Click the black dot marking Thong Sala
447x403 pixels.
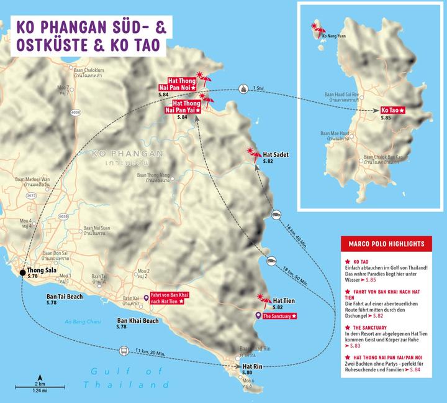point(22,272)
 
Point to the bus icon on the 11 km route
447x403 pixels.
point(124,351)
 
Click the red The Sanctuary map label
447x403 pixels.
point(279,317)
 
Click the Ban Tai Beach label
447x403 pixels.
point(65,297)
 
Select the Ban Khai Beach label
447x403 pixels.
point(138,322)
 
